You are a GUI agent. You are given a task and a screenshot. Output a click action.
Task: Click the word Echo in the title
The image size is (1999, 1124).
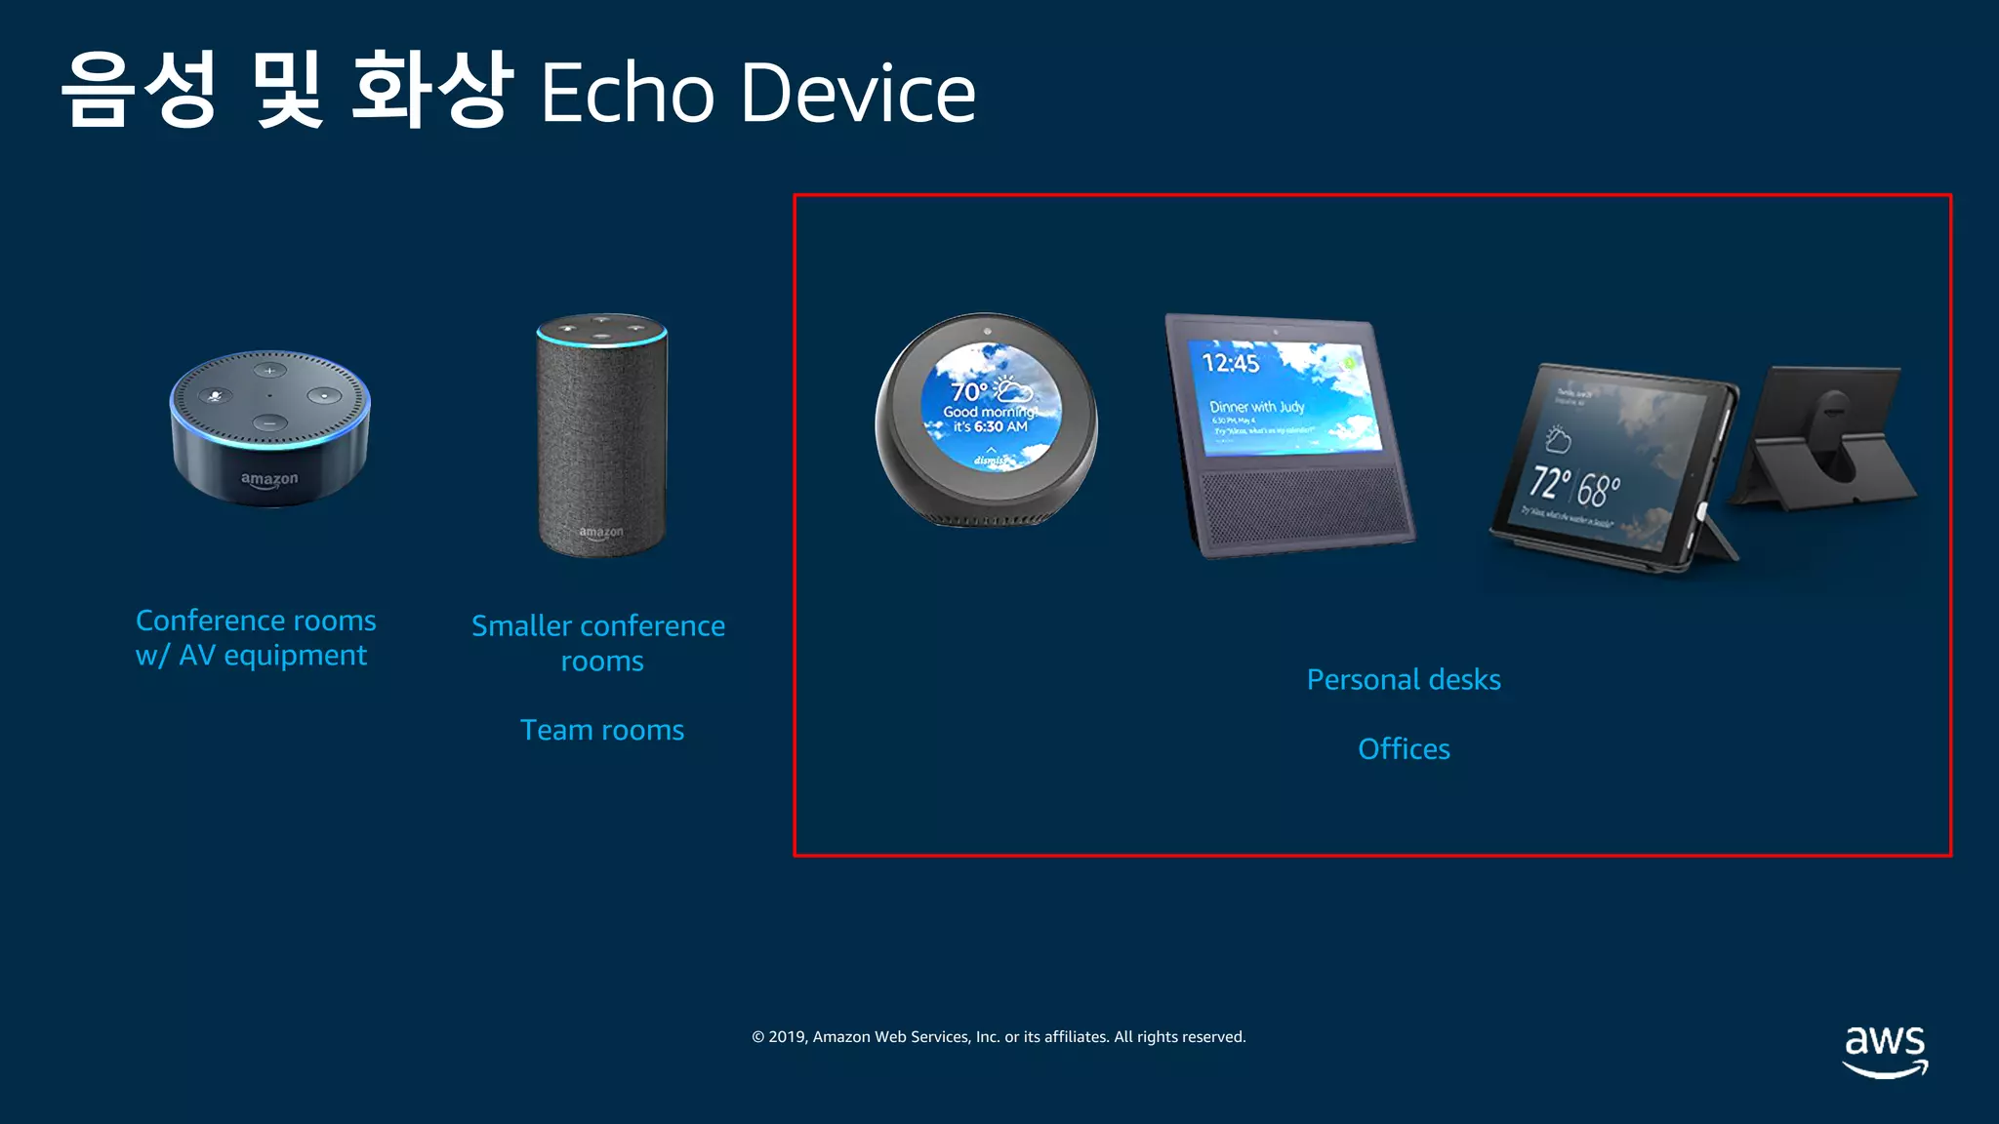click(627, 93)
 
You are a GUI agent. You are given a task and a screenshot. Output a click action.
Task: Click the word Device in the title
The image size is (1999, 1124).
click(857, 93)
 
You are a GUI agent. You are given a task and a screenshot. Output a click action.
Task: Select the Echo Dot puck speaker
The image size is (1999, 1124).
click(269, 429)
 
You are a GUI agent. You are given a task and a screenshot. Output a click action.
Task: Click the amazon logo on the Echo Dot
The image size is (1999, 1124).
click(269, 479)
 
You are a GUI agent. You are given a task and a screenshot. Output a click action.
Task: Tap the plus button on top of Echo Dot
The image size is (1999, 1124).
click(269, 371)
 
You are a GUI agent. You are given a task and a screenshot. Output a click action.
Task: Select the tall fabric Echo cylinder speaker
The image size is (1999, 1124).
click(601, 435)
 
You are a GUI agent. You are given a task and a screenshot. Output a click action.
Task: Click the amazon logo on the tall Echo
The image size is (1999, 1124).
click(600, 533)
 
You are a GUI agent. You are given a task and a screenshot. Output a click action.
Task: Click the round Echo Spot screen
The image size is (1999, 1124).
click(990, 406)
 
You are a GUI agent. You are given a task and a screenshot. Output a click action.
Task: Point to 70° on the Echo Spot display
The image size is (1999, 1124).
click(969, 391)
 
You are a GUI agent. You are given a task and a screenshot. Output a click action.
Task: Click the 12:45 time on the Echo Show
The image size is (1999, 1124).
click(1230, 364)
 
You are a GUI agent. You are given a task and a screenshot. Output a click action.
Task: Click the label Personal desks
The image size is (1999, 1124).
click(1403, 680)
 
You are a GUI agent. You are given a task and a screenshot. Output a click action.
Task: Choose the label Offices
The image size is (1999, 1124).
click(1403, 749)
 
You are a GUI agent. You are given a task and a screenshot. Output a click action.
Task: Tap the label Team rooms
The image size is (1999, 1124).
click(601, 731)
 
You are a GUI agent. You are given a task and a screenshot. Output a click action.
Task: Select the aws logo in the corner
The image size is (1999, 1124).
click(1884, 1050)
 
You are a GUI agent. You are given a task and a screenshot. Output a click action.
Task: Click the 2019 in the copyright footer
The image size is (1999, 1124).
click(787, 1037)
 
